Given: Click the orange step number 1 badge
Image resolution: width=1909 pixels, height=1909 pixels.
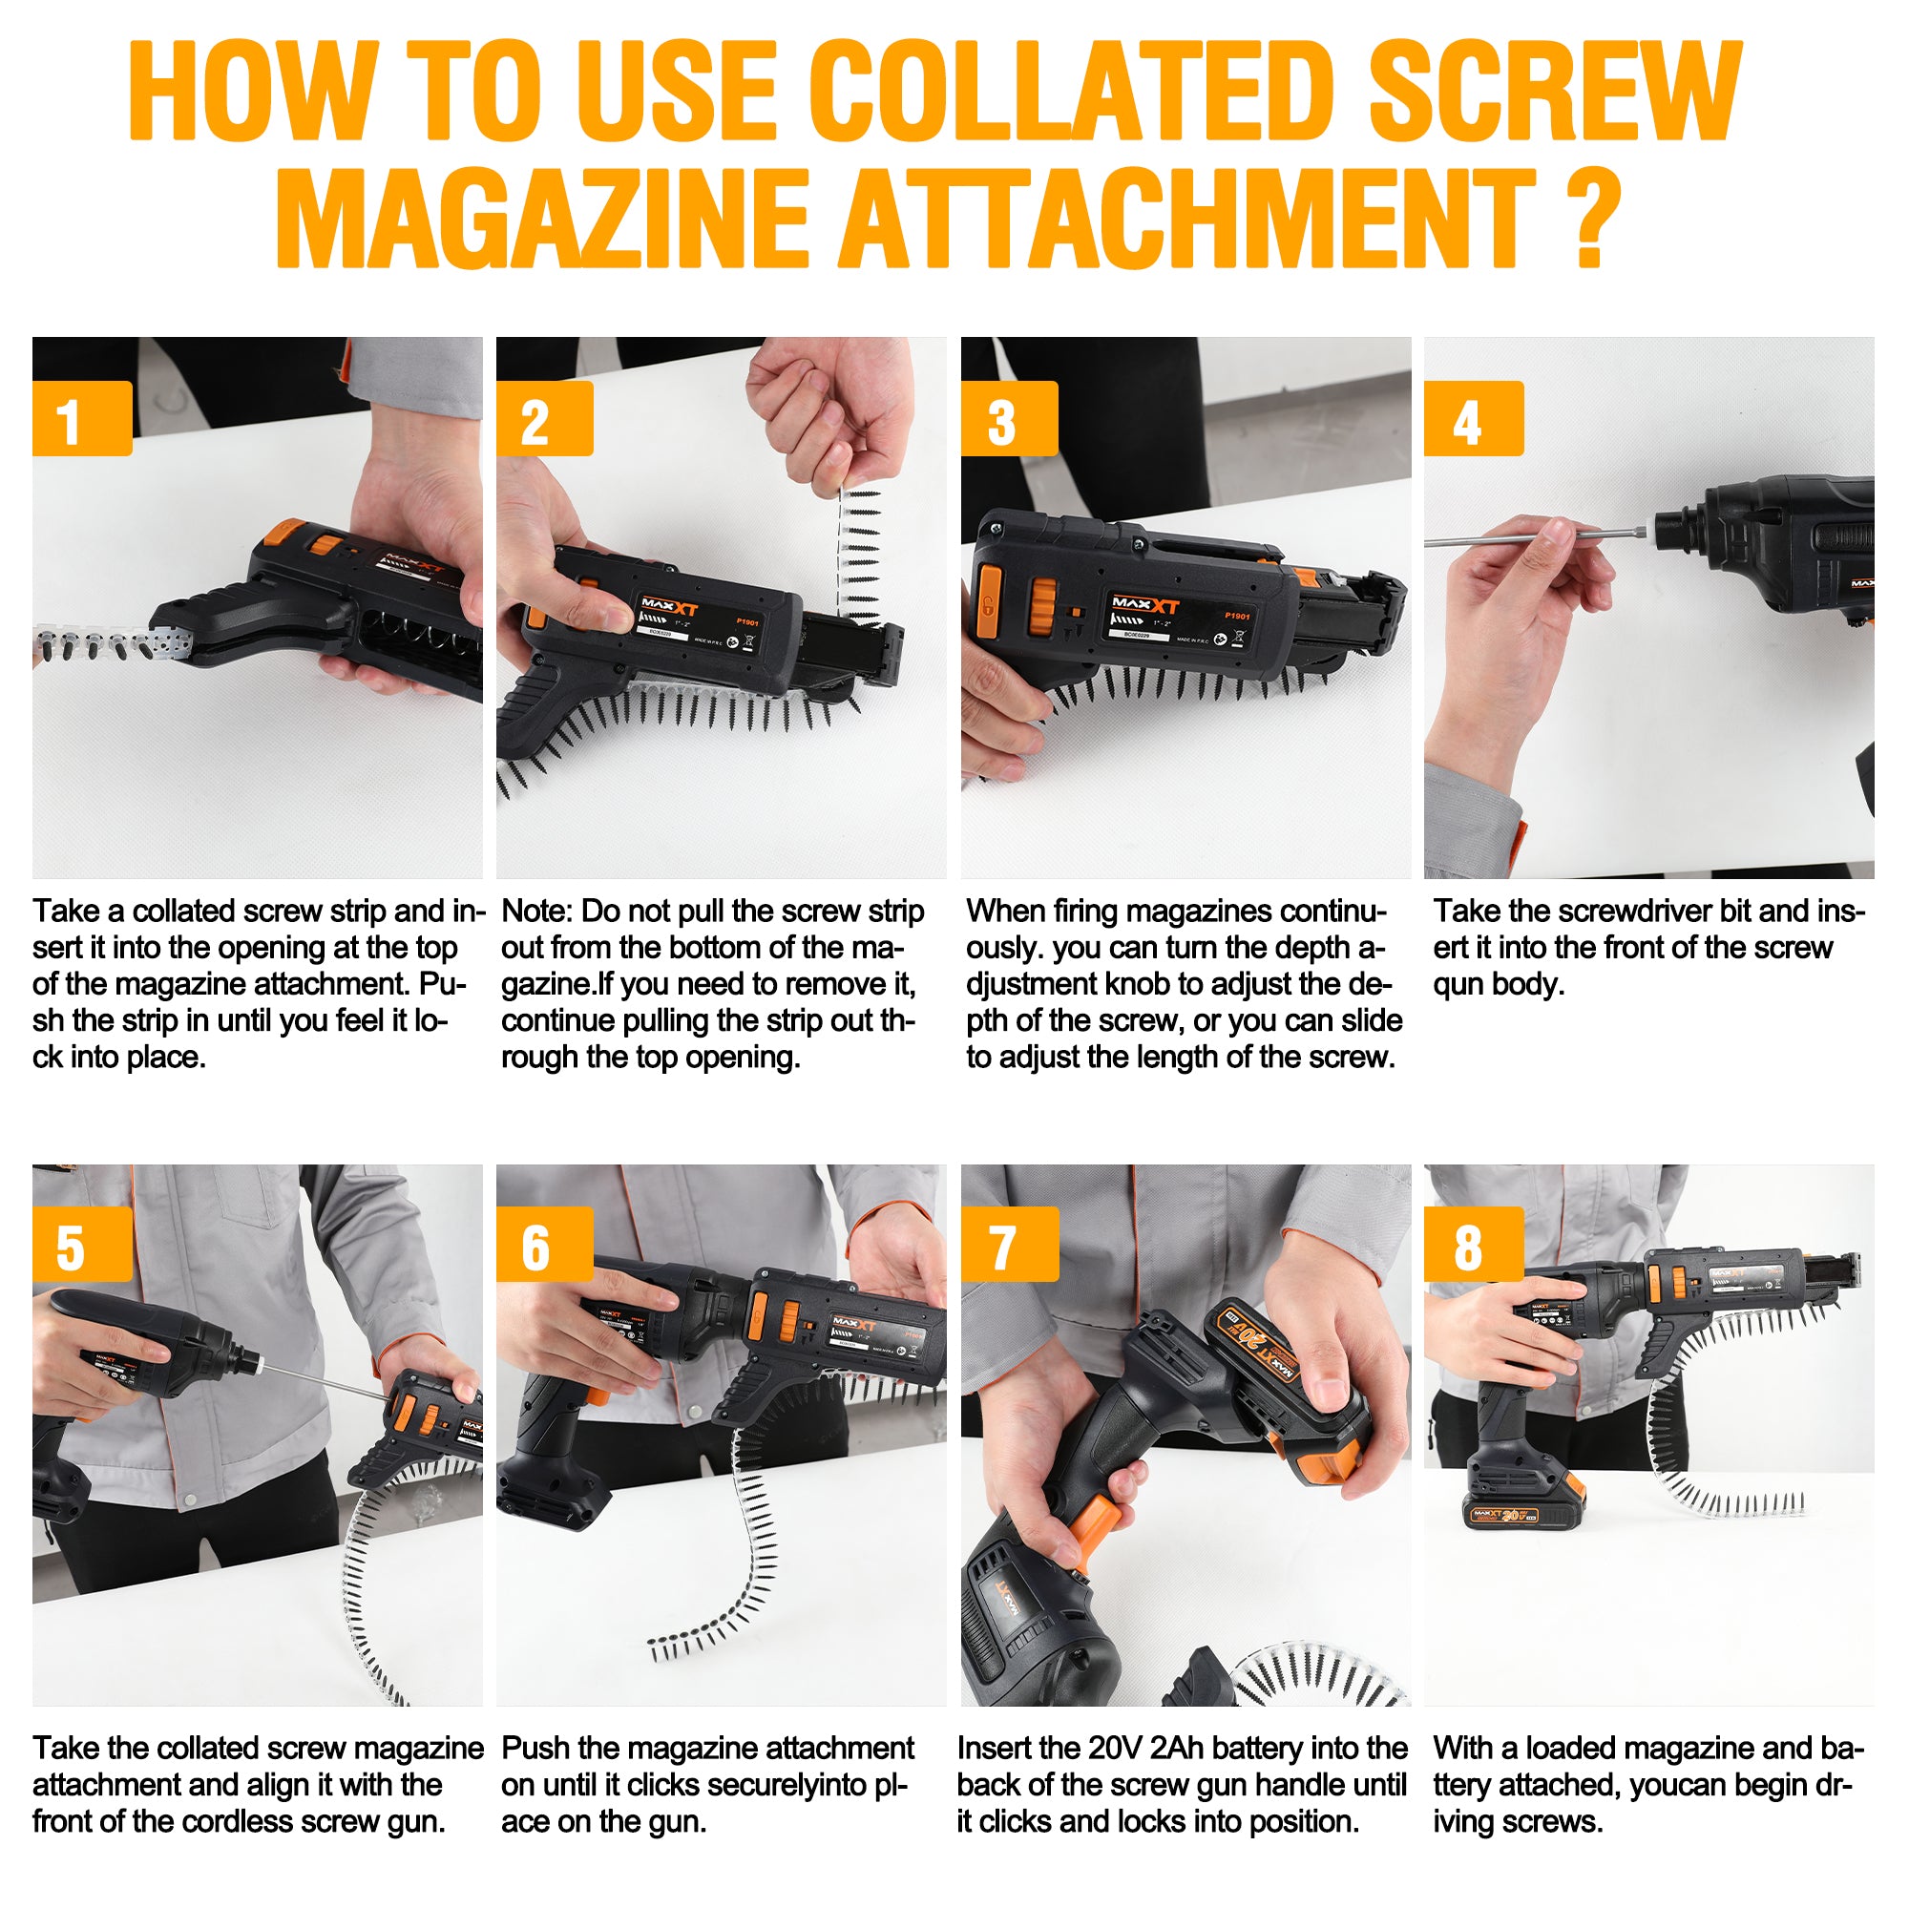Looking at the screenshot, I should (81, 418).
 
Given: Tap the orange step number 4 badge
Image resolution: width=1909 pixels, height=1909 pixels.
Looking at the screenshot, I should (1472, 418).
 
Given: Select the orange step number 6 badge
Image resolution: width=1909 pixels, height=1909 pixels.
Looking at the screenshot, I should (544, 1244).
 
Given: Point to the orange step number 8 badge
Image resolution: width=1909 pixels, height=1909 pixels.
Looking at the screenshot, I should (1472, 1244).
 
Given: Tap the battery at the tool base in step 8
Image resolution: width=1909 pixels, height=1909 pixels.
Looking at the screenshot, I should (1506, 1514).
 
